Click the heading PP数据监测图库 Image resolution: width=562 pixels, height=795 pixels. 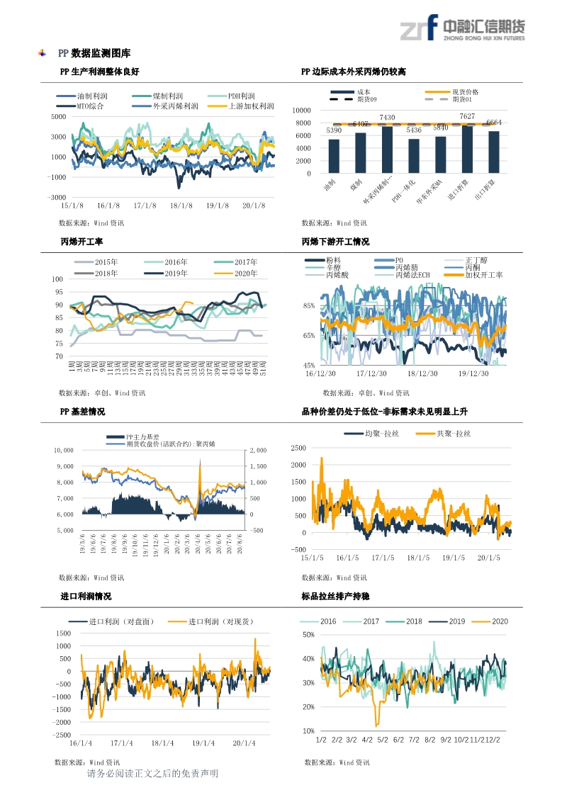(x=94, y=53)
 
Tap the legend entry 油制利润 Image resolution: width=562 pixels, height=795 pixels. (x=91, y=96)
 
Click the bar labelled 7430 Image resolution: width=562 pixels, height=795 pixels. (x=387, y=150)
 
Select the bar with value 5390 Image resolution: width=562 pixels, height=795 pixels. (x=334, y=156)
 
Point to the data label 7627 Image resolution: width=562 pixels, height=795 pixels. (x=467, y=116)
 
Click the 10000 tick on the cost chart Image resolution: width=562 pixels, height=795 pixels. (x=301, y=111)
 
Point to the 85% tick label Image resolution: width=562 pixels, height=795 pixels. (x=308, y=305)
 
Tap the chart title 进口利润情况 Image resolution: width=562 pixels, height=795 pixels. (x=86, y=597)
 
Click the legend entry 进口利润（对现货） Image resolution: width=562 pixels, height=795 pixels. (x=220, y=622)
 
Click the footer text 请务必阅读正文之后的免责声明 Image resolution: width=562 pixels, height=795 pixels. (x=152, y=774)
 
